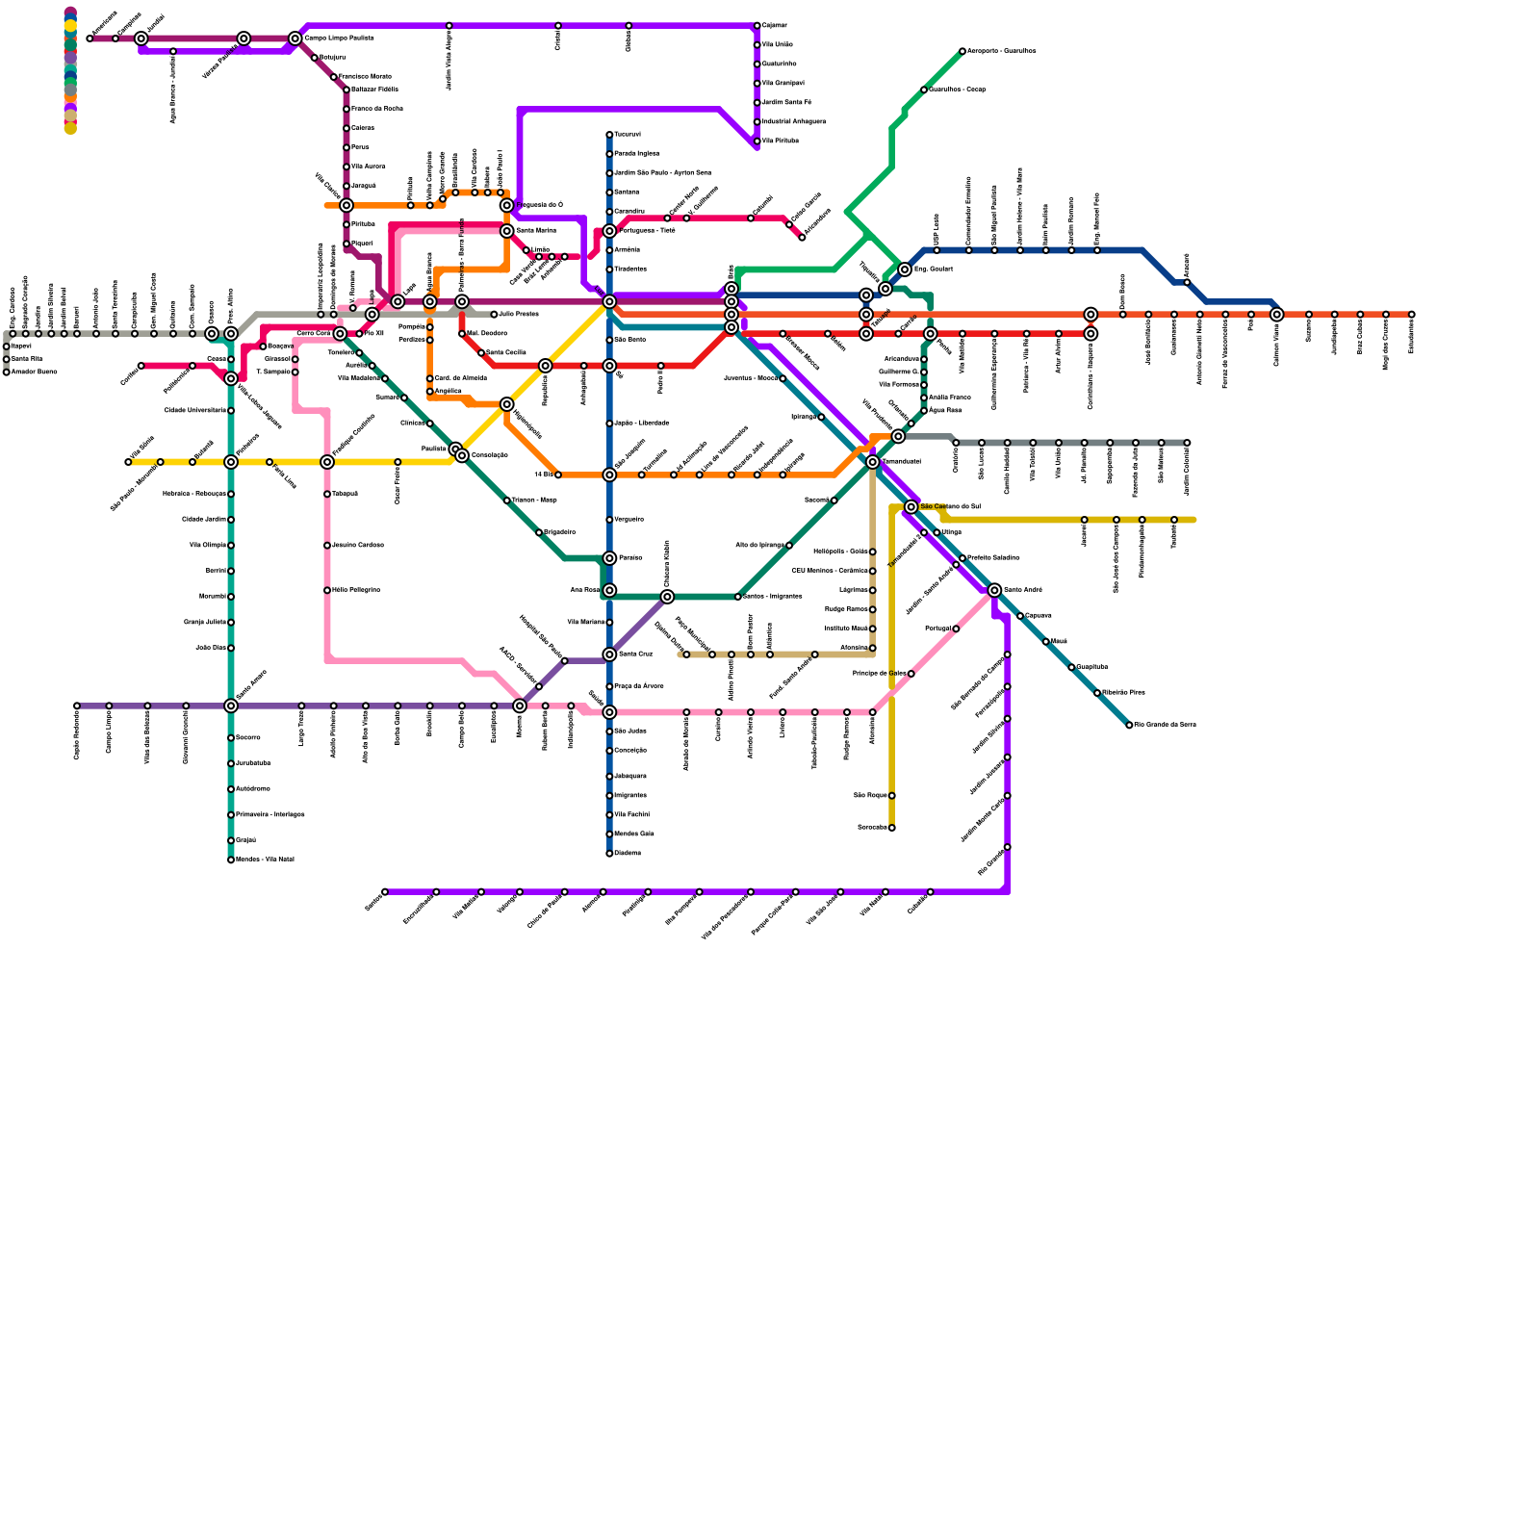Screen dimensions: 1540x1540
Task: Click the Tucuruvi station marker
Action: pyautogui.click(x=609, y=135)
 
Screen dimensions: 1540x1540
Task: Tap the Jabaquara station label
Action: pyautogui.click(x=630, y=776)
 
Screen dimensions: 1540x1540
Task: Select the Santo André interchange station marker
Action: pyautogui.click(x=994, y=590)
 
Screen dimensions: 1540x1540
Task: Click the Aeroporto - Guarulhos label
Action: pyautogui.click(x=1001, y=51)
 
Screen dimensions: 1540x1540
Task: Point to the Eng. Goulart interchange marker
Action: pyautogui.click(x=905, y=269)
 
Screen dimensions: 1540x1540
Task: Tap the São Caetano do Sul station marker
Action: pyautogui.click(x=911, y=506)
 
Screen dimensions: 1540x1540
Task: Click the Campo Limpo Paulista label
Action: pyautogui.click(x=339, y=38)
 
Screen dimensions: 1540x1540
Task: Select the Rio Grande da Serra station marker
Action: pyautogui.click(x=1129, y=725)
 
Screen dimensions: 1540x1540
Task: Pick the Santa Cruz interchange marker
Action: pyautogui.click(x=609, y=654)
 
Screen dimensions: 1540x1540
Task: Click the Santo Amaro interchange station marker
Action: pyautogui.click(x=231, y=706)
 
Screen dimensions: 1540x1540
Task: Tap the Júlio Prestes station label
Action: pyautogui.click(x=520, y=315)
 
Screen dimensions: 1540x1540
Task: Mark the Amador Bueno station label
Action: pyautogui.click(x=35, y=372)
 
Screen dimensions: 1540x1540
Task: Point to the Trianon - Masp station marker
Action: pyautogui.click(x=506, y=500)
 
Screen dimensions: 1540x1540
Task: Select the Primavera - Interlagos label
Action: pyautogui.click(x=269, y=815)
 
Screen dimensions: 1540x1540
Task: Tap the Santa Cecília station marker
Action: pyautogui.click(x=481, y=353)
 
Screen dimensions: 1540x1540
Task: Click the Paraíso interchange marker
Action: pyautogui.click(x=609, y=558)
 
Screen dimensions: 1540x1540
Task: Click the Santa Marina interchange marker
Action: pyautogui.click(x=506, y=231)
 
